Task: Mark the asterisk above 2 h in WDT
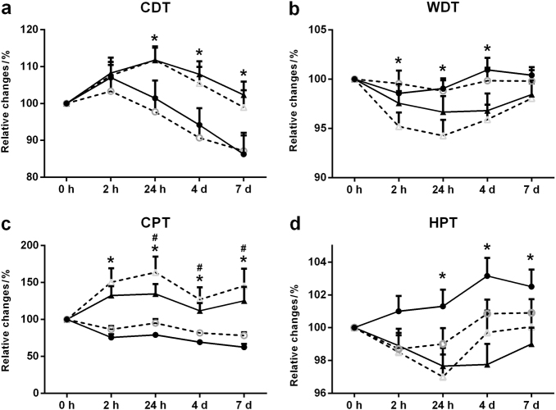tap(398, 62)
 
